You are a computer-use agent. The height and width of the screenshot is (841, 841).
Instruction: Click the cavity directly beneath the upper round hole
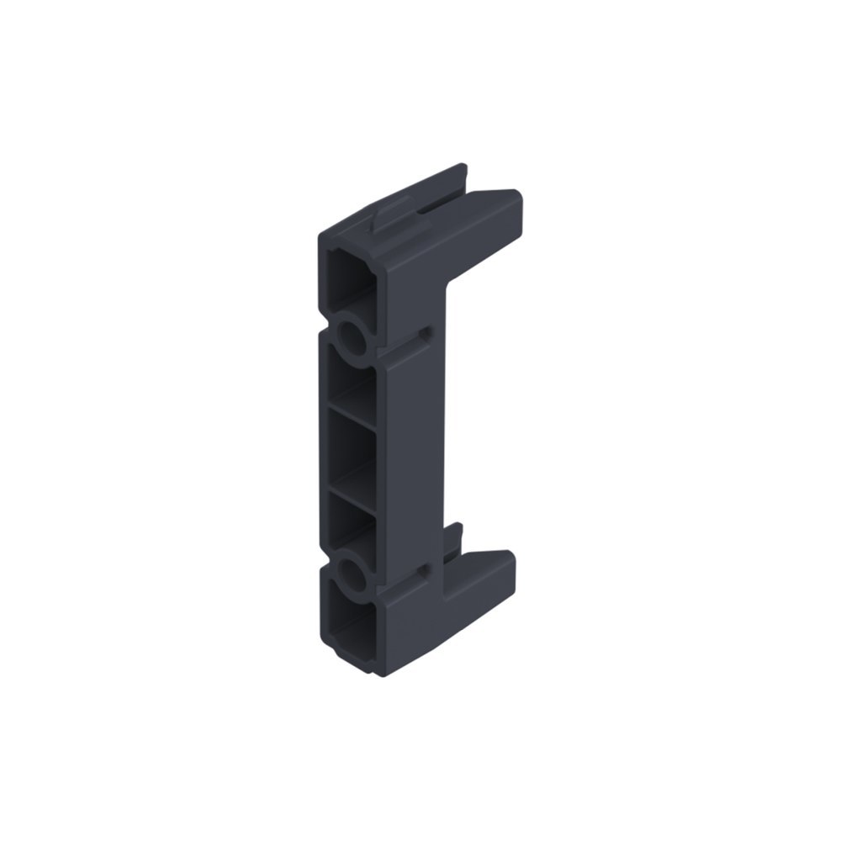[349, 383]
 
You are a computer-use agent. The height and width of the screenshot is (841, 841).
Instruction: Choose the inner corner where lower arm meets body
[446, 589]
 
